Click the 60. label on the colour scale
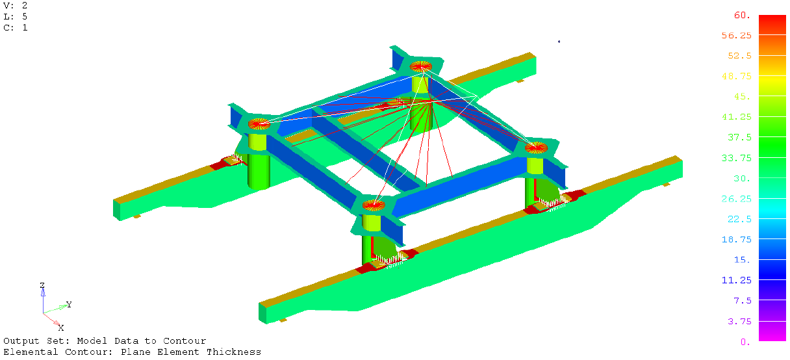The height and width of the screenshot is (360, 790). click(x=742, y=15)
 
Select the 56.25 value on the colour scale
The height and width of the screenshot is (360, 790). click(x=736, y=36)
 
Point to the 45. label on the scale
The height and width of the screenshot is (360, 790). click(x=742, y=97)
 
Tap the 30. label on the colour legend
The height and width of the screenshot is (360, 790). click(x=742, y=179)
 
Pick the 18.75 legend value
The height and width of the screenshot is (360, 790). click(x=736, y=240)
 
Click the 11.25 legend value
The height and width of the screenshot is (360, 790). click(x=736, y=280)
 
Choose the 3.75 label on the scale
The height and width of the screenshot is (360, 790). click(x=739, y=321)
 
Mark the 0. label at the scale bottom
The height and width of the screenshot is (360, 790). click(x=745, y=342)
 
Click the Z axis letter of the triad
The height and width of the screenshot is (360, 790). click(x=42, y=285)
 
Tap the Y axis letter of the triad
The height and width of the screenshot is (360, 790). click(x=69, y=304)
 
